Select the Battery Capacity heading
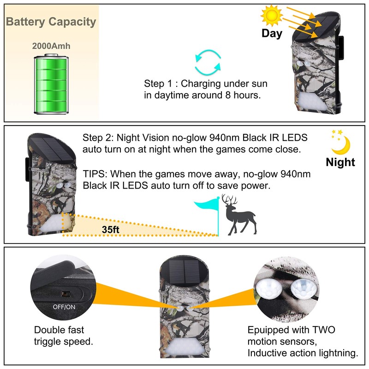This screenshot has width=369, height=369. tap(51, 22)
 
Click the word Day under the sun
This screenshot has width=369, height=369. tap(272, 33)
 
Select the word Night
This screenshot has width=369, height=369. tap(340, 162)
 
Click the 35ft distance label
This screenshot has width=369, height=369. tap(112, 229)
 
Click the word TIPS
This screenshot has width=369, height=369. tap(95, 174)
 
